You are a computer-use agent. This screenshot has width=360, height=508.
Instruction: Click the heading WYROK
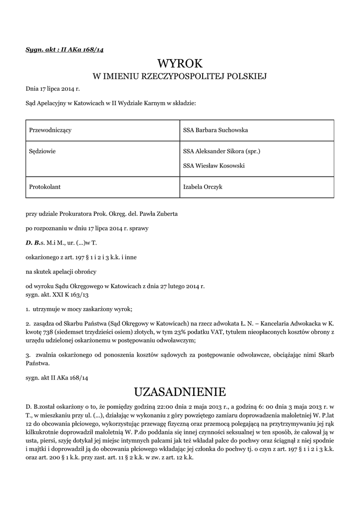180,63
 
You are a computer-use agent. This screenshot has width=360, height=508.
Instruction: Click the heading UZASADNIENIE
180,392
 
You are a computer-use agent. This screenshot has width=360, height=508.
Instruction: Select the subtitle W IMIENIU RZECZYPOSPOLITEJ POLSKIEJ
180,76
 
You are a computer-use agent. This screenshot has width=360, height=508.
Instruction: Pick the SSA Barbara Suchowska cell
215,130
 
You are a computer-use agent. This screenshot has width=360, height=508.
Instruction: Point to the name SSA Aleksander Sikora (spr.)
221,151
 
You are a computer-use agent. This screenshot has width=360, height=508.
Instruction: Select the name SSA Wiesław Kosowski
214,166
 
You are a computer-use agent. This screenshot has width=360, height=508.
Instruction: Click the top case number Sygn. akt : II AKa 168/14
65,49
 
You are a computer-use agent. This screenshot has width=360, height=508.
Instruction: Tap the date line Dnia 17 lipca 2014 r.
53,89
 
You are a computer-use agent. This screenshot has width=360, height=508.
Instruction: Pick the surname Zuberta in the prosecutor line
166,215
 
